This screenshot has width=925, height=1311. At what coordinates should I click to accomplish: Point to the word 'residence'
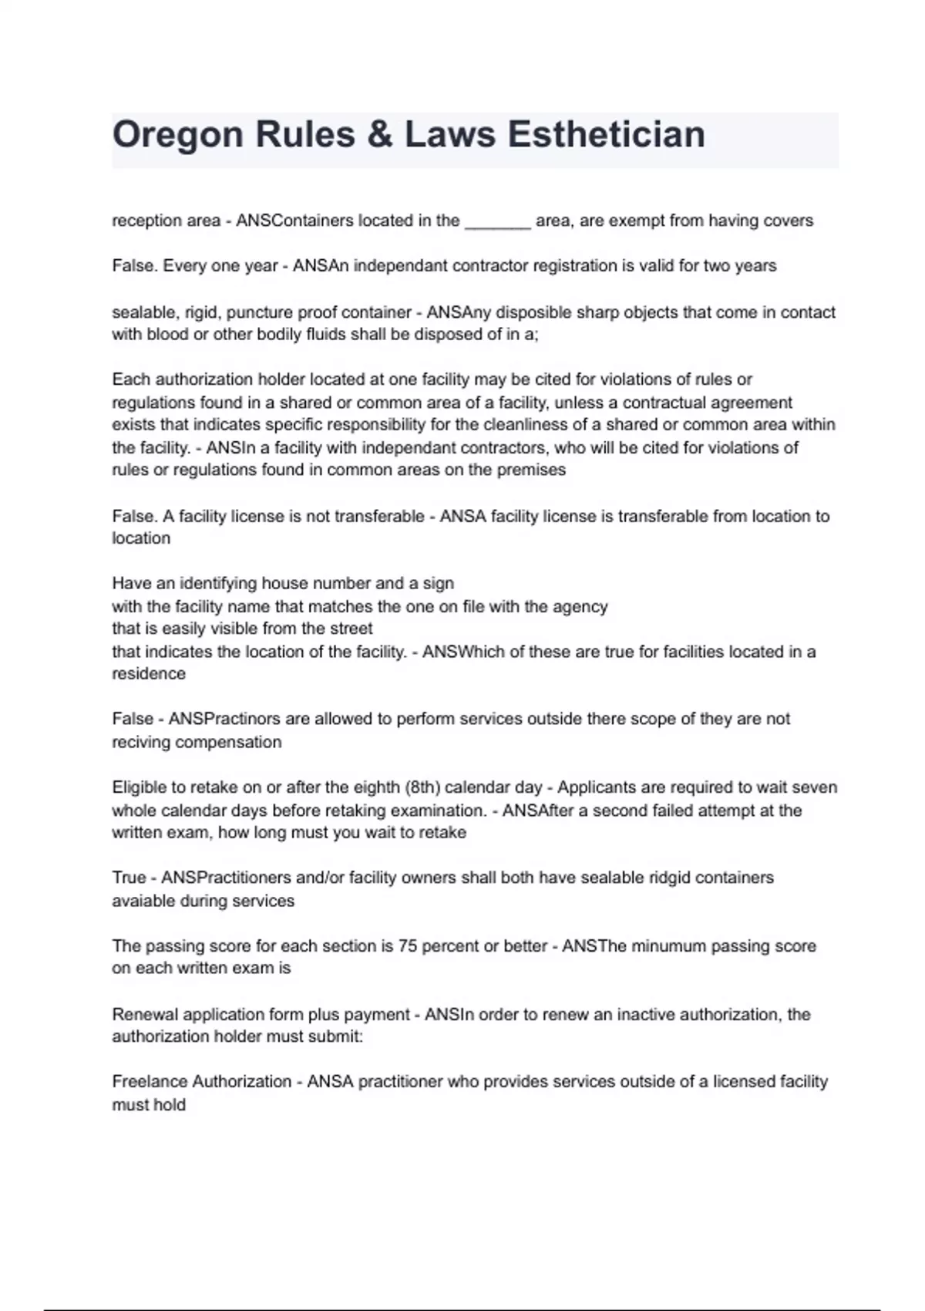[149, 673]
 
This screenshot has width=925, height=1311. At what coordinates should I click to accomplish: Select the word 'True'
[129, 878]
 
